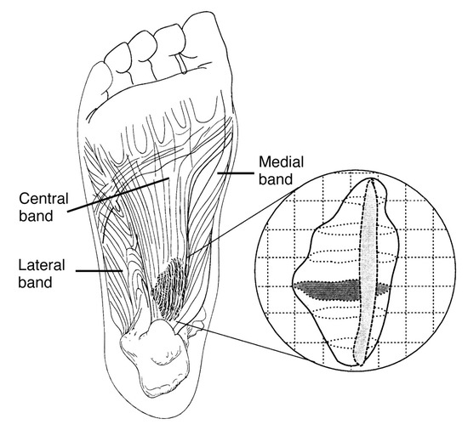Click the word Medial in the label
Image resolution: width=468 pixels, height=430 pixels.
(x=281, y=162)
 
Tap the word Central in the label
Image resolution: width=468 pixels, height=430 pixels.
(x=44, y=199)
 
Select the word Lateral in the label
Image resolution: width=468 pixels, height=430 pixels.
(x=42, y=265)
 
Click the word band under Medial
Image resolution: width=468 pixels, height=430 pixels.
(x=276, y=179)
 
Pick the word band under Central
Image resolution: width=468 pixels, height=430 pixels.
(x=36, y=216)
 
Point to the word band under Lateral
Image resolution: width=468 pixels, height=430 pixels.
(x=35, y=282)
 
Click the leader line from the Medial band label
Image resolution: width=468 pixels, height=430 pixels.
(x=235, y=173)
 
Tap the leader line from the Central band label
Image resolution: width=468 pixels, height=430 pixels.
(x=118, y=195)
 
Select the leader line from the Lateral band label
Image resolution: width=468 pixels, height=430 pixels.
(x=99, y=271)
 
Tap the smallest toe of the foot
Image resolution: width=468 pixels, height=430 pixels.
(x=100, y=78)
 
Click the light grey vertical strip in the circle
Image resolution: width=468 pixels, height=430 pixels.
(x=366, y=272)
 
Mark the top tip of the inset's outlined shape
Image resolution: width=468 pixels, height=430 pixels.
(x=371, y=178)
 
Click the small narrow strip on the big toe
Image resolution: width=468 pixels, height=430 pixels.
(x=180, y=63)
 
